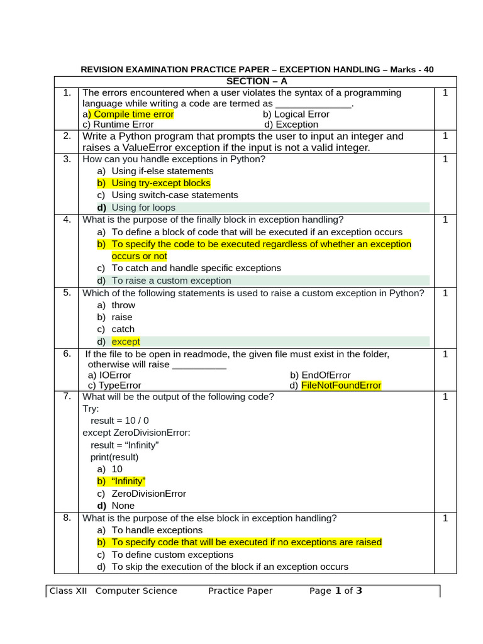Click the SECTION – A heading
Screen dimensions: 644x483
[x=256, y=82]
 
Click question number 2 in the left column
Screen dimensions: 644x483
[x=67, y=136]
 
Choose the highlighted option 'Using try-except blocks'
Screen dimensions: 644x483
[x=161, y=183]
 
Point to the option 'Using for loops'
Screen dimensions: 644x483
[x=143, y=208]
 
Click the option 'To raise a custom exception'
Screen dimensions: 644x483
[x=171, y=280]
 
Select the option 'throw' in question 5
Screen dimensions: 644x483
[x=123, y=305]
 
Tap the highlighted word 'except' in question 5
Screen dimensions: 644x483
[x=126, y=341]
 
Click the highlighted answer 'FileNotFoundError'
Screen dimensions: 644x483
[x=341, y=386]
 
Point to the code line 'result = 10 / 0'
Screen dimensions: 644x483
[x=119, y=420]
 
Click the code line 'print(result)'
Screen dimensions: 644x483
[x=114, y=457]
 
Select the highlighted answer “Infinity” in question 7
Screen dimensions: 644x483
[x=128, y=481]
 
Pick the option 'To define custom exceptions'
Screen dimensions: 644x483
[x=172, y=555]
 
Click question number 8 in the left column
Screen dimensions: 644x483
[x=67, y=518]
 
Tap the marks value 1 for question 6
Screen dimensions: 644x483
[x=445, y=355]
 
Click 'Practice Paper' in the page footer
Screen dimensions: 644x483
[x=240, y=591]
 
